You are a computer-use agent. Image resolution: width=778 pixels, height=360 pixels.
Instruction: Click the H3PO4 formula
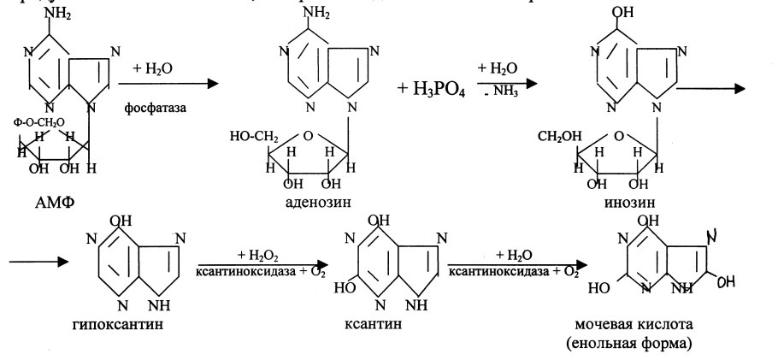click(431, 88)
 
